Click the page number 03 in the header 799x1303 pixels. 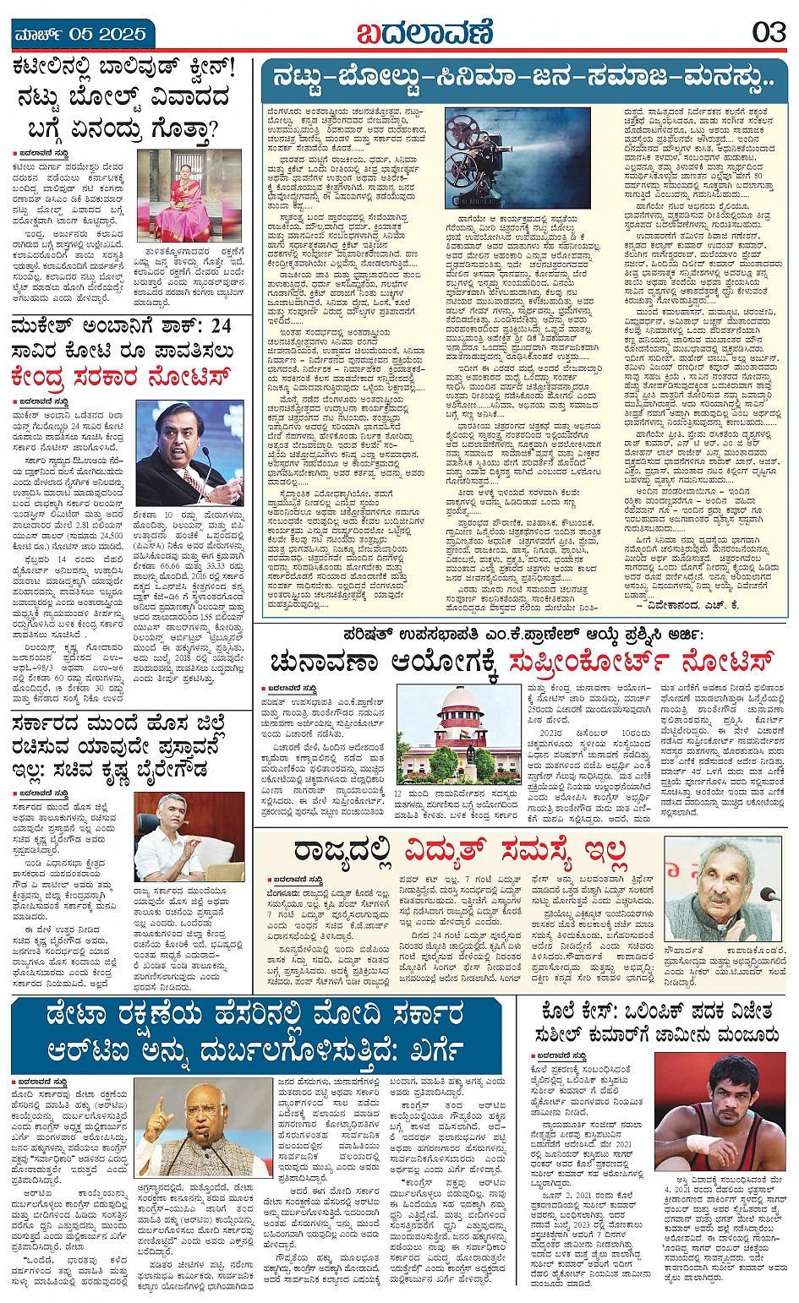tap(769, 33)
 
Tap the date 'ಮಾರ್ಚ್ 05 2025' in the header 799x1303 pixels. tap(80, 35)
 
